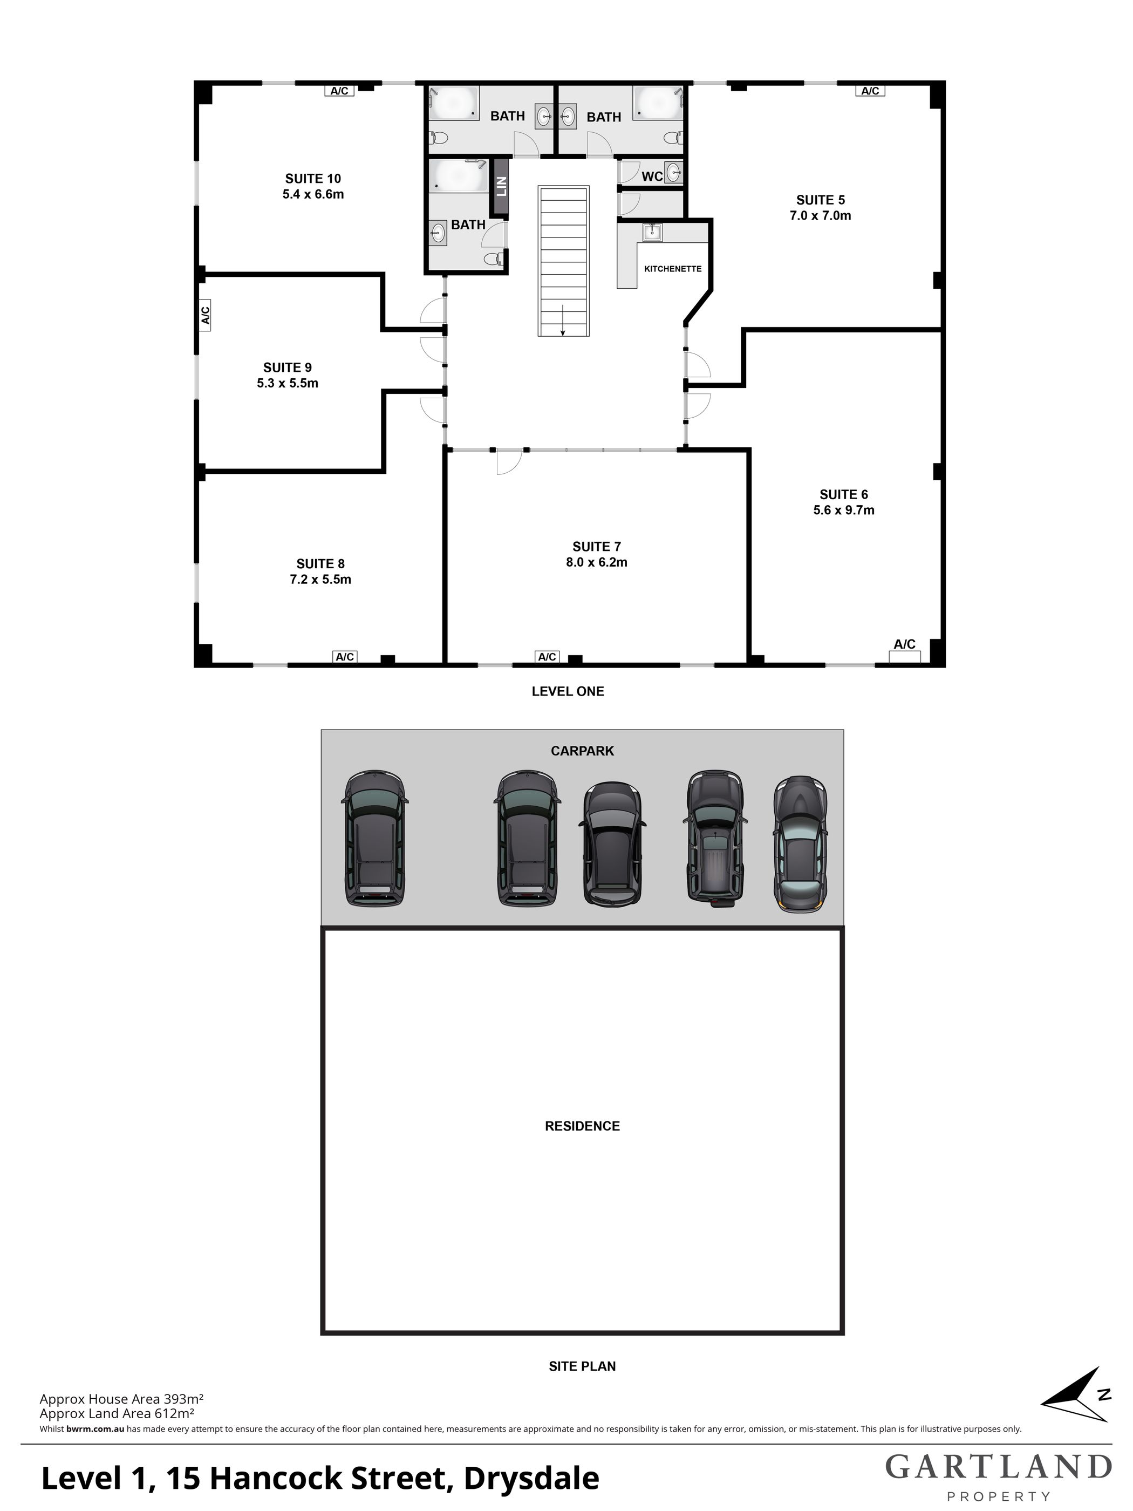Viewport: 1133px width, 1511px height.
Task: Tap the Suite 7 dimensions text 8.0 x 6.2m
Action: tap(596, 563)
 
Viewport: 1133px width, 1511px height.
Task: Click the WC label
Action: tap(652, 177)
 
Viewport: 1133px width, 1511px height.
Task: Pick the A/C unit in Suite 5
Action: tap(870, 91)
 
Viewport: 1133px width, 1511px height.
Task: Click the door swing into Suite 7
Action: tap(509, 462)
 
